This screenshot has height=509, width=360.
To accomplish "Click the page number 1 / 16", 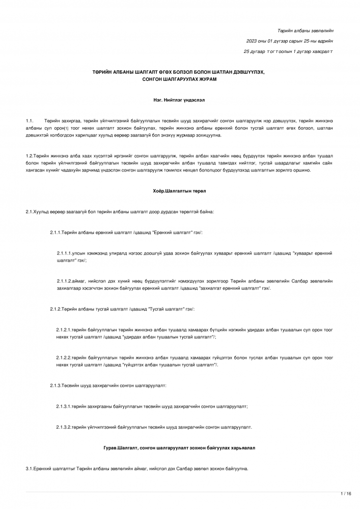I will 346,493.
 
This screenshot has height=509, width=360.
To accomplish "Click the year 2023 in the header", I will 252,41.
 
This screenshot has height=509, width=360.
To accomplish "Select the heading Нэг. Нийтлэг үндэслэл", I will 179,101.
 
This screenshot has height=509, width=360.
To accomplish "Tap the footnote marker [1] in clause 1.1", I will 66,129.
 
